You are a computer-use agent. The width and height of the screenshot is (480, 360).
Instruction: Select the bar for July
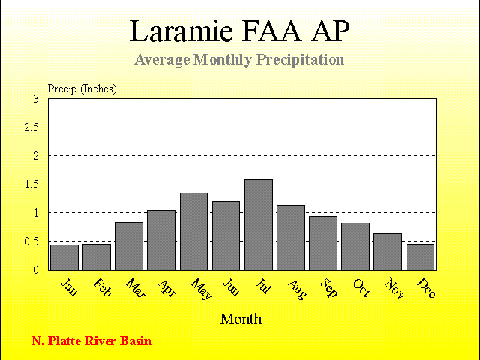[259, 225]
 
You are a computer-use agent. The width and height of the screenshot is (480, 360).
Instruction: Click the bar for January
[64, 257]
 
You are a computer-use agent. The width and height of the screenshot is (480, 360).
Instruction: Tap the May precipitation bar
[193, 232]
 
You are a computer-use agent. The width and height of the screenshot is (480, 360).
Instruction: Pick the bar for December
[420, 256]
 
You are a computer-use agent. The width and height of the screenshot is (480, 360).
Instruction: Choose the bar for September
[323, 243]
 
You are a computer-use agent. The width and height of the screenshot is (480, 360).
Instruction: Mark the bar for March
[129, 246]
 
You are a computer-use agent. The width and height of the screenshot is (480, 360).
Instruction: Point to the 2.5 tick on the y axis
[31, 127]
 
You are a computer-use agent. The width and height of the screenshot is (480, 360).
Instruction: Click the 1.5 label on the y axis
[31, 184]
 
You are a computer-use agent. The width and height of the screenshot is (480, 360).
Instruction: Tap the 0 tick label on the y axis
[36, 270]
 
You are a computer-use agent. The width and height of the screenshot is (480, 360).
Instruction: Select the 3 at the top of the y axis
[37, 99]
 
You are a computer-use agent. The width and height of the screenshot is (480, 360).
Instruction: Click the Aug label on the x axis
[297, 289]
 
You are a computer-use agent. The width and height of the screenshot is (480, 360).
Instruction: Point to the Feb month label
[102, 287]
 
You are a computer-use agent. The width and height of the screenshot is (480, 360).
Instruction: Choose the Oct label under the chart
[361, 288]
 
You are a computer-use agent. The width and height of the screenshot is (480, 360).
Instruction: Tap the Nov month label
[394, 288]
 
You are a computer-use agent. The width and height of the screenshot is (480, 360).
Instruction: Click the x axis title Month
[241, 319]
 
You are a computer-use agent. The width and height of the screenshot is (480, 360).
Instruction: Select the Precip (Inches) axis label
[82, 88]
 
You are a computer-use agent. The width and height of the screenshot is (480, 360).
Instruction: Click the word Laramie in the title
[181, 31]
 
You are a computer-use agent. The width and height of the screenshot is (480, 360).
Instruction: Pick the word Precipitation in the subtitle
[300, 60]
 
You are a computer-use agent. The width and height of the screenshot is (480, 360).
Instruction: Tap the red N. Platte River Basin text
[91, 340]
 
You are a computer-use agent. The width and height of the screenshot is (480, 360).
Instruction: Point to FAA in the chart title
[271, 31]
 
